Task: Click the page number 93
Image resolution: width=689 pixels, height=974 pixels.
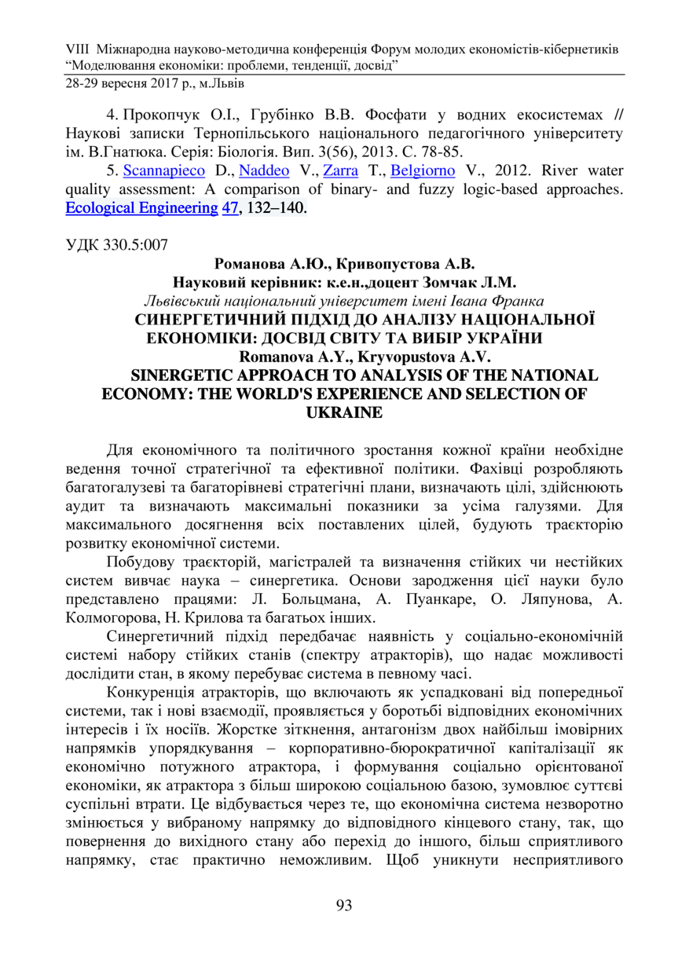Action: coord(343,905)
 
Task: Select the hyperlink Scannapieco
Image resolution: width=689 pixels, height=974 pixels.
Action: coord(167,170)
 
